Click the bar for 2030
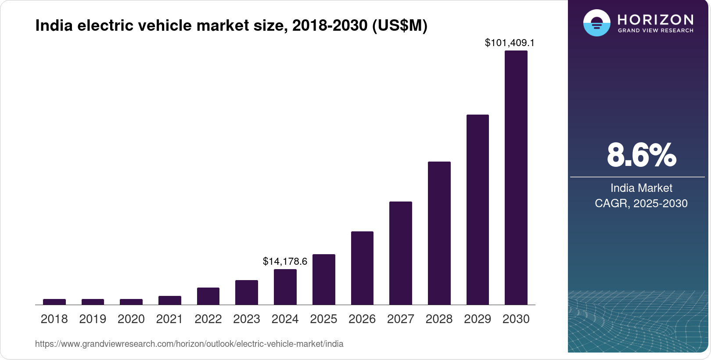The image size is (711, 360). pos(516,178)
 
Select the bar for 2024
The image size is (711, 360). pos(285,287)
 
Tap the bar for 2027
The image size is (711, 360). pos(401,253)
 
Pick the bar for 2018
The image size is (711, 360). pos(54,302)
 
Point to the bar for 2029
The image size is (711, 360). pos(478,210)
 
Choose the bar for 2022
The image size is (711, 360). pos(208,296)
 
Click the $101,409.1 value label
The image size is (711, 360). pos(510,43)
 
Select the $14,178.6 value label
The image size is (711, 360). pos(285,262)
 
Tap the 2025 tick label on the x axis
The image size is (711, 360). pos(323,319)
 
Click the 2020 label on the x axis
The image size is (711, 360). pos(131,319)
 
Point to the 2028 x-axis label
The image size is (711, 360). pos(439,319)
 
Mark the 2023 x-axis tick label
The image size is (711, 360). pos(247,319)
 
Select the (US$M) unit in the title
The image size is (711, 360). pos(400,26)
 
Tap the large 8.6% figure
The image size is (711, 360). pos(641,155)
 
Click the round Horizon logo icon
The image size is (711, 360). pos(596,23)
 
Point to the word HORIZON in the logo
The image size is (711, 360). pos(656,20)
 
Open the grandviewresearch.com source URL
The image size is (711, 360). pos(189,344)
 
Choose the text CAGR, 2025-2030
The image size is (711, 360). pos(641,204)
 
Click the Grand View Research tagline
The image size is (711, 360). pos(656,31)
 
